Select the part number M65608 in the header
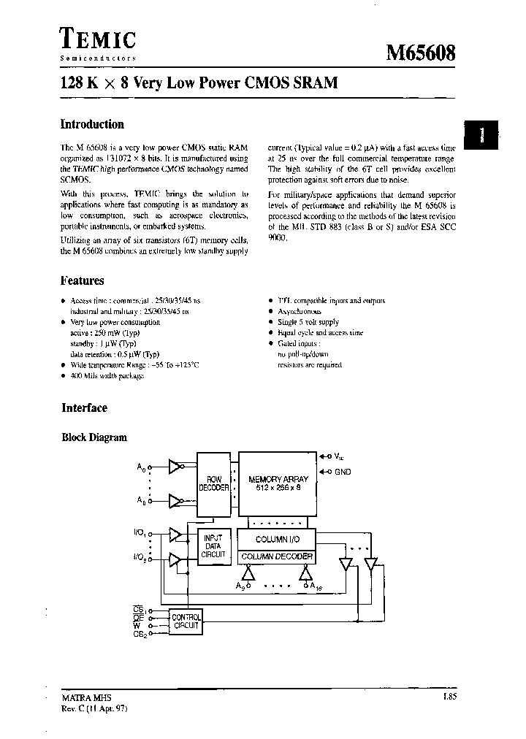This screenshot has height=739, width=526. (421, 53)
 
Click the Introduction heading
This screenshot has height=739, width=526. (92, 124)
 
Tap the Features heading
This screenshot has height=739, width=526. (82, 280)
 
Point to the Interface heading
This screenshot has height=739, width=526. (84, 408)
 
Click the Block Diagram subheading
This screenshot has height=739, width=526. (94, 437)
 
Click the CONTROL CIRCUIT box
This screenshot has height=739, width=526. (186, 621)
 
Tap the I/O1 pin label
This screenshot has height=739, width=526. (140, 534)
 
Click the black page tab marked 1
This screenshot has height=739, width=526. (482, 134)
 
